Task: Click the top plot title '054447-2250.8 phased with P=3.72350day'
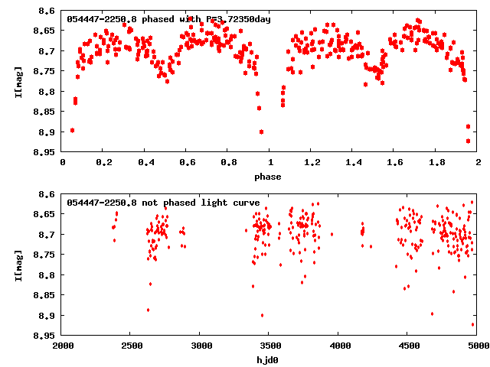click(x=168, y=18)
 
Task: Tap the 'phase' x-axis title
click(x=268, y=177)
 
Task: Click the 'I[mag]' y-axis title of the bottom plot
click(x=18, y=264)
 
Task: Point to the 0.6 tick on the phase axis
click(x=187, y=163)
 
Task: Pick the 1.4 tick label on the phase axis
click(x=353, y=163)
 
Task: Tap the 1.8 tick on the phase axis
click(x=436, y=163)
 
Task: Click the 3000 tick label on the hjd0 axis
click(x=200, y=346)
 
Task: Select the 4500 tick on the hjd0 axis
click(x=408, y=346)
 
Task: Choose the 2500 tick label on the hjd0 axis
click(x=131, y=346)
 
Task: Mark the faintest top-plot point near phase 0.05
click(x=72, y=130)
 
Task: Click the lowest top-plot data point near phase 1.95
click(x=468, y=141)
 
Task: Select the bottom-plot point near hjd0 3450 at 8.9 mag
click(x=262, y=315)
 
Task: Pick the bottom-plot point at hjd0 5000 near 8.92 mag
click(x=473, y=325)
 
